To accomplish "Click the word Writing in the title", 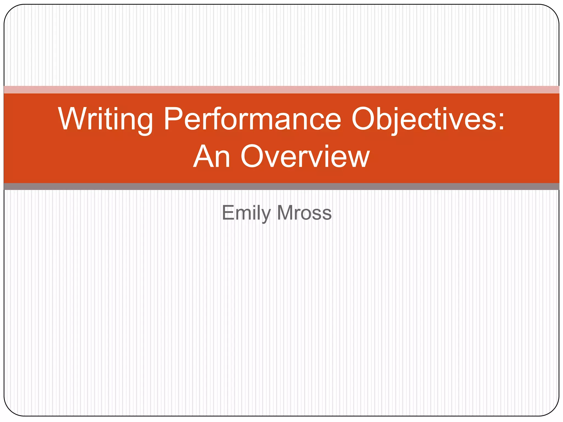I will pos(106,119).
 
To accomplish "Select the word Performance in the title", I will pos(252,119).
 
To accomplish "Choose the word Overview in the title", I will pos(305,157).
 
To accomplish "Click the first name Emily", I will pos(246,213).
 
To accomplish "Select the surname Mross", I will pos(304,213).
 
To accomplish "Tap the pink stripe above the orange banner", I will pos(281,90).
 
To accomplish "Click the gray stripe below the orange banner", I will pos(281,187).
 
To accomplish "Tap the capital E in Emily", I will pos(228,213).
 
